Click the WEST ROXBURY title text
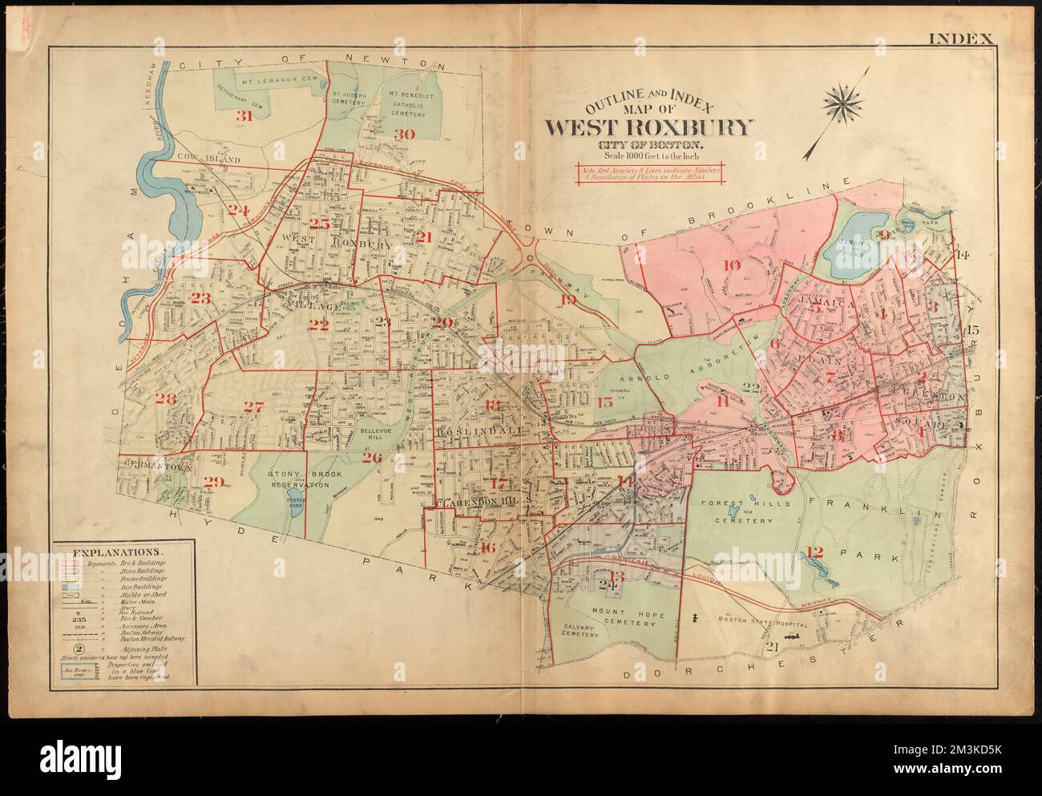[x=650, y=127]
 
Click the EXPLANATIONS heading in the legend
[x=119, y=552]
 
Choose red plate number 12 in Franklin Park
[x=815, y=551]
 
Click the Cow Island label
[x=209, y=160]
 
